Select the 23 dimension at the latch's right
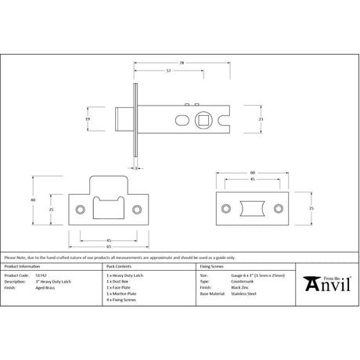click(x=260, y=118)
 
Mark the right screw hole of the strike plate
click(x=138, y=210)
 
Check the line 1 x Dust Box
click(x=119, y=283)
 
